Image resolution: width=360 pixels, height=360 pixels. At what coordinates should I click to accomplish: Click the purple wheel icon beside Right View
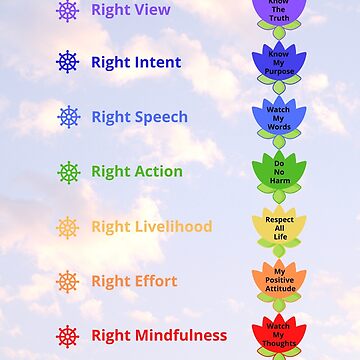coord(67,11)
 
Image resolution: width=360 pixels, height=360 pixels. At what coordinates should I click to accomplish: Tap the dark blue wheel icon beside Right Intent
coord(67,62)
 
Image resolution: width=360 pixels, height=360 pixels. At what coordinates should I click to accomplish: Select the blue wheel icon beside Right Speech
coord(67,117)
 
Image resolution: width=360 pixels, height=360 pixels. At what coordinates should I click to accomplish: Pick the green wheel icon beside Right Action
coord(67,171)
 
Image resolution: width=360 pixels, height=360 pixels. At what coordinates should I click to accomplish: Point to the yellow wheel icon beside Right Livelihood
coord(67,227)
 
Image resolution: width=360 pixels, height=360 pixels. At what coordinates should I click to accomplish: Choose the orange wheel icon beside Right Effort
coord(67,281)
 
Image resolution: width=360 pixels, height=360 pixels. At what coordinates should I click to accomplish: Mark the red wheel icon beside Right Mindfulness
coord(67,336)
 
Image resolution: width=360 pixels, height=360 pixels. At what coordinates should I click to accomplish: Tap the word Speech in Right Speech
coord(161,117)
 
